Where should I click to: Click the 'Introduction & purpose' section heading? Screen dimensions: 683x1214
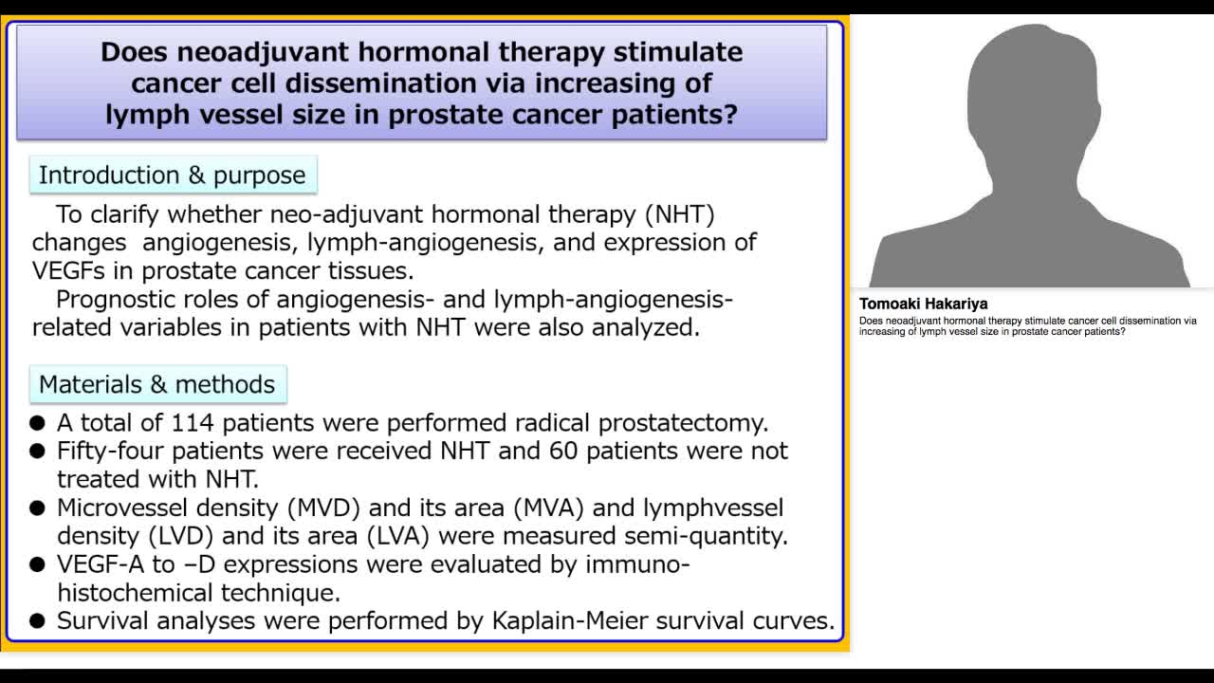coord(172,175)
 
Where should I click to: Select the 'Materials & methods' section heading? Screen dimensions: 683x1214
coord(156,384)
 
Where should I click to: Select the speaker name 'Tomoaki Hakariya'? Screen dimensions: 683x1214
coord(923,304)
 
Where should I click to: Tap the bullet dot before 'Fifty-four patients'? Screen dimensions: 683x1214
coord(37,452)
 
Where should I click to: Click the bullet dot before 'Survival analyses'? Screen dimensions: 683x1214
coord(37,622)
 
